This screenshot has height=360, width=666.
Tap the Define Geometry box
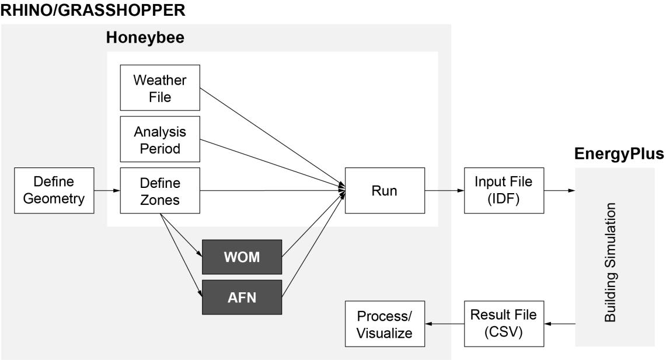click(54, 190)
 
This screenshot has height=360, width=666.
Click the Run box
click(384, 190)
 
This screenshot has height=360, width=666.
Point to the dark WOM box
click(242, 257)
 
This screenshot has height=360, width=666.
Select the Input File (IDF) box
click(503, 190)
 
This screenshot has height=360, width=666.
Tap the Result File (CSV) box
click(503, 323)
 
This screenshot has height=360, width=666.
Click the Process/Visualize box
click(384, 324)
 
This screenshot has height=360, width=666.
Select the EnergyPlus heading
click(619, 154)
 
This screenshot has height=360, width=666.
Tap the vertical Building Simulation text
click(610, 262)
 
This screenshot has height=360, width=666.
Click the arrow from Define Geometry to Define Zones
click(107, 190)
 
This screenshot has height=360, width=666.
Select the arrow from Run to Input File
click(444, 190)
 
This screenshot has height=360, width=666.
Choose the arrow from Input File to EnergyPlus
click(559, 190)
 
